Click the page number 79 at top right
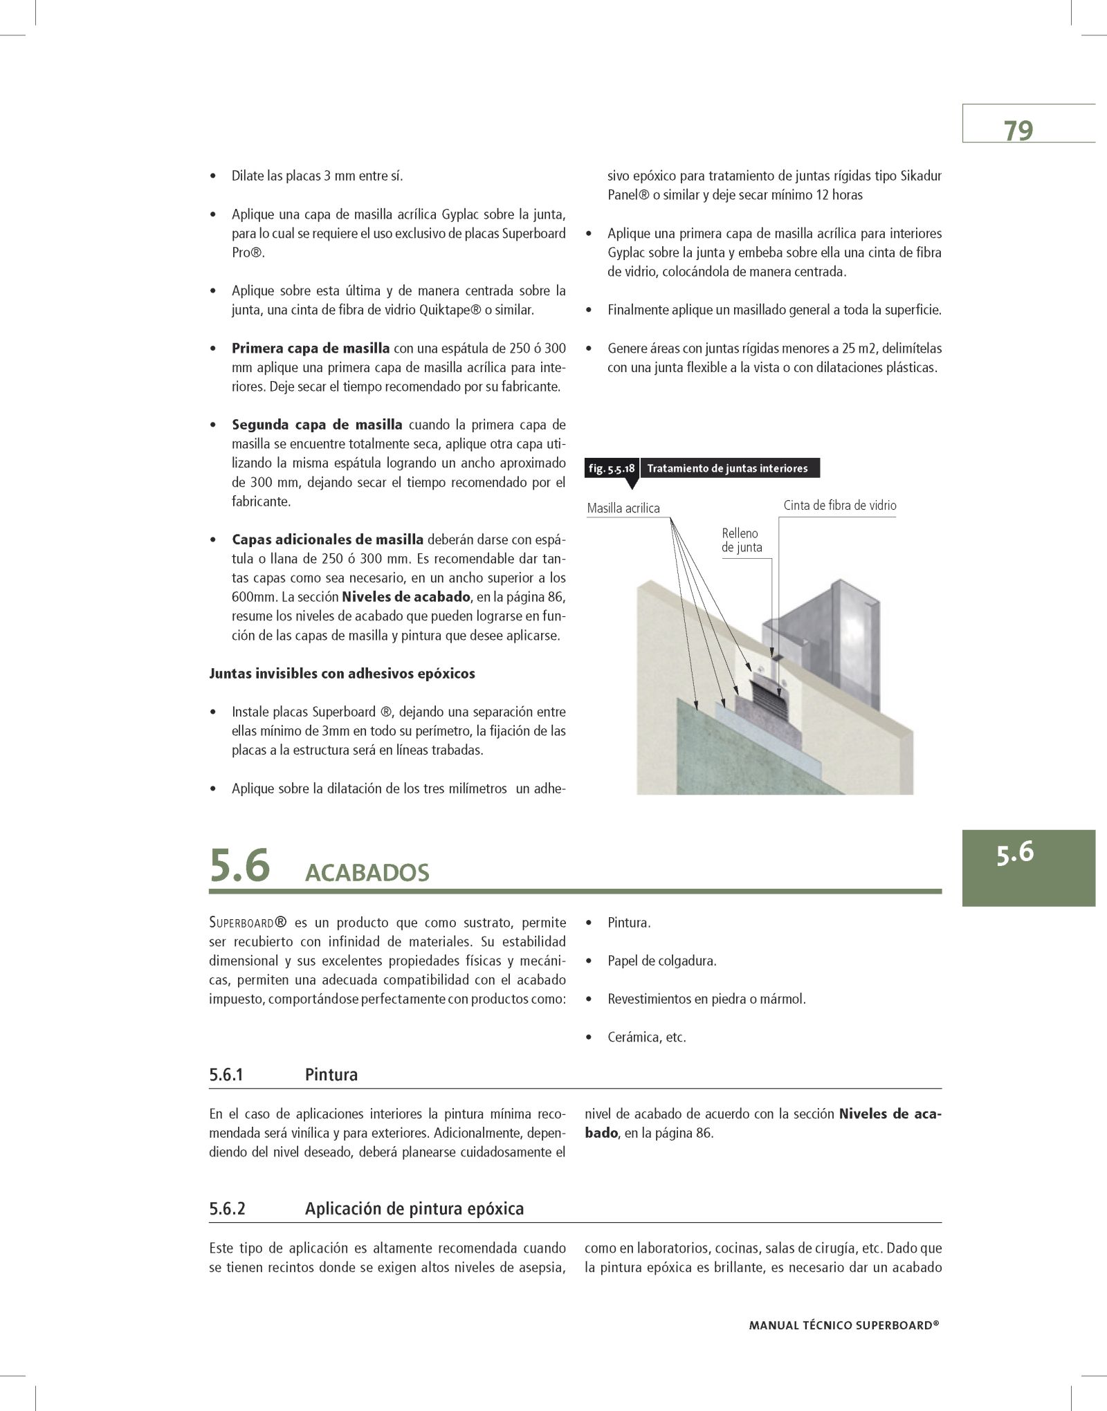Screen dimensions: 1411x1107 pyautogui.click(x=1018, y=130)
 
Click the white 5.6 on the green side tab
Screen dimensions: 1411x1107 pyautogui.click(x=1015, y=852)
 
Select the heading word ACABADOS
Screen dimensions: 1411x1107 pyautogui.click(x=367, y=873)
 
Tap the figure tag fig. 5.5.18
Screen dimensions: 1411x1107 pyautogui.click(x=612, y=468)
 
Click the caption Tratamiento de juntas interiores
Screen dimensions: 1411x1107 pyautogui.click(x=727, y=468)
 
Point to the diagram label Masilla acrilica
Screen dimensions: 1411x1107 pyautogui.click(x=623, y=508)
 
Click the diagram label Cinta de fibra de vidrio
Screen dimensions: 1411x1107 pyautogui.click(x=839, y=506)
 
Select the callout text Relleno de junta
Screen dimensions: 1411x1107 pyautogui.click(x=742, y=540)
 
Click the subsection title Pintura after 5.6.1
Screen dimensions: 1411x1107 pyautogui.click(x=331, y=1075)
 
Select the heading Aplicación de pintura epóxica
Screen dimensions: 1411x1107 pyautogui.click(x=414, y=1209)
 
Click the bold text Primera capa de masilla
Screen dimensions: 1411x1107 pyautogui.click(x=311, y=348)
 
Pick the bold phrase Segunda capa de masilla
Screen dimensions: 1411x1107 pyautogui.click(x=317, y=424)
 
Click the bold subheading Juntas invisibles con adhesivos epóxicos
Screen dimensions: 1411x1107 pyautogui.click(x=342, y=673)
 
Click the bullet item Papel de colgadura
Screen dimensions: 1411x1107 pyautogui.click(x=661, y=961)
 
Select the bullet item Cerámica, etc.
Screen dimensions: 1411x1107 pyautogui.click(x=646, y=1037)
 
